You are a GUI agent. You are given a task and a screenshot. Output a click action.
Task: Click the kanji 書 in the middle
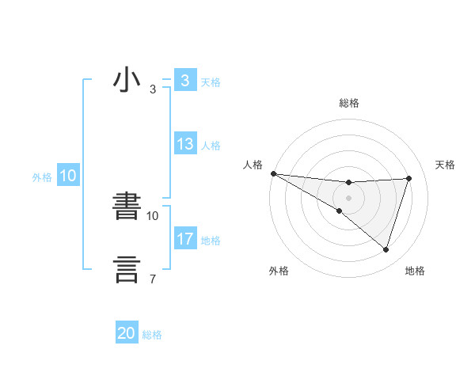pos(127,207)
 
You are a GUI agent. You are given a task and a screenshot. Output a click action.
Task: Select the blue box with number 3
pos(184,81)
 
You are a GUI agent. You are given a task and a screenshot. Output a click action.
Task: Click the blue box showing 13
pos(184,144)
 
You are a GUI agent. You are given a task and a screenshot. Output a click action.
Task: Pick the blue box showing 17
pos(184,239)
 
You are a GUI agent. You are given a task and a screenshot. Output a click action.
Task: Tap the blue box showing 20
pos(127,334)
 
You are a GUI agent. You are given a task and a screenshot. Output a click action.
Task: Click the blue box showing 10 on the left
pos(67,177)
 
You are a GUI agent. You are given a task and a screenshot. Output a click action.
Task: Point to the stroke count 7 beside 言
pos(152,279)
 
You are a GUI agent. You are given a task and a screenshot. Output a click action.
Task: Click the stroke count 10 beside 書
pos(154,215)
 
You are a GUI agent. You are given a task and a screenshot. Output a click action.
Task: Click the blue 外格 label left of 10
pos(42,177)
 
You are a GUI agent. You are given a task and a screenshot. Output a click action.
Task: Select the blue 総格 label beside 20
pos(152,335)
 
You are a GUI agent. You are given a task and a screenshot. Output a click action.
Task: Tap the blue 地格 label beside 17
pos(211,241)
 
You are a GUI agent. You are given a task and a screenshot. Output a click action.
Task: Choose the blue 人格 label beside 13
pos(211,146)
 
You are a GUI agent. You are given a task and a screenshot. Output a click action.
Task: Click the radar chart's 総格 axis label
pos(348,103)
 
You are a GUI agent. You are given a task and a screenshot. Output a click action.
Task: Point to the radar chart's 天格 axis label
pos(445,165)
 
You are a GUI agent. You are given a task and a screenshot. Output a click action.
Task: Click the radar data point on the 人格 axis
pos(273,173)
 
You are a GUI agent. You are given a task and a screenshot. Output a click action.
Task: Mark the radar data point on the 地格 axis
pos(386,249)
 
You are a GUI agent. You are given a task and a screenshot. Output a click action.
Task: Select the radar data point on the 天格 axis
pos(409,178)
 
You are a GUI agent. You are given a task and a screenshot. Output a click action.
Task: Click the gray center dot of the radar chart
pos(348,198)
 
